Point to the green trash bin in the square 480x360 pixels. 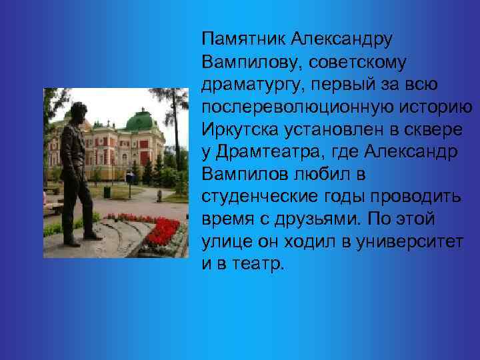tap(107, 192)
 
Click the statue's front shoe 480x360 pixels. tap(93, 236)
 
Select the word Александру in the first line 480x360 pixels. tap(343, 38)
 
